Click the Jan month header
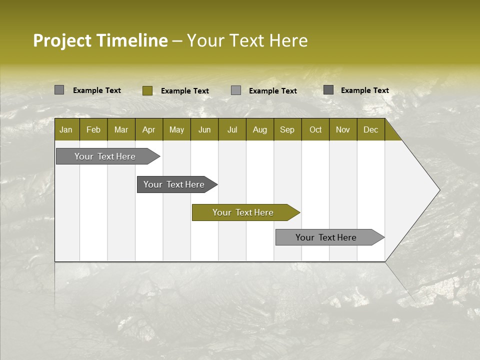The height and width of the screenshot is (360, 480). tap(66, 130)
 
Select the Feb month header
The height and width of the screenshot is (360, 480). tap(93, 130)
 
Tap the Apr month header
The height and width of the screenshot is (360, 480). tap(148, 130)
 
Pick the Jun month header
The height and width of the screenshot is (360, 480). tap(204, 130)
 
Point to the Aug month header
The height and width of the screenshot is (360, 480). tap(259, 130)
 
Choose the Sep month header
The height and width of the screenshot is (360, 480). tap(287, 130)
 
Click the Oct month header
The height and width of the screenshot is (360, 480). tap(315, 130)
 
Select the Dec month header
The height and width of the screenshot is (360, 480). tap(370, 130)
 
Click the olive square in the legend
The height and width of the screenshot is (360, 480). tap(147, 90)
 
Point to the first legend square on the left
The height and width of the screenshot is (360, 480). tap(59, 90)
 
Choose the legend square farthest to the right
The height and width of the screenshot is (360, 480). tap(328, 90)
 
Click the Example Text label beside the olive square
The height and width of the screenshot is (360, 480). tap(185, 91)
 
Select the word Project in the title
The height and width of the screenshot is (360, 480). tap(62, 40)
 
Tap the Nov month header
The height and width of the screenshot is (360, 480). tap(343, 130)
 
